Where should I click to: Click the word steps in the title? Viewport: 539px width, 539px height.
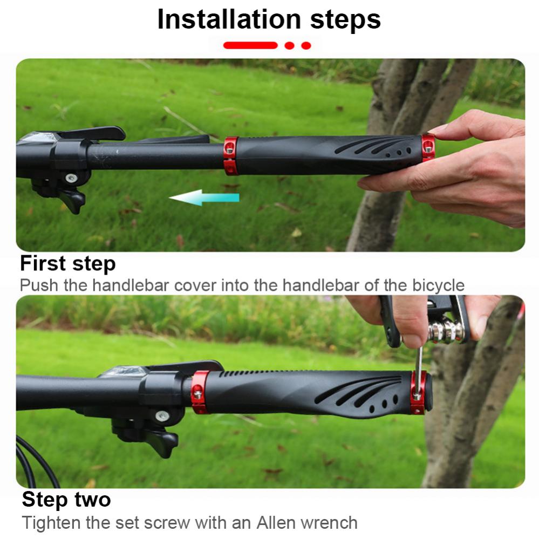click(x=345, y=21)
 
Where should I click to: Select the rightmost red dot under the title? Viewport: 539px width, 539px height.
click(x=306, y=46)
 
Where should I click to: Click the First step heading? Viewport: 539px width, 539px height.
click(x=67, y=264)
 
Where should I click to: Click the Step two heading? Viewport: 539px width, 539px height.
click(x=66, y=500)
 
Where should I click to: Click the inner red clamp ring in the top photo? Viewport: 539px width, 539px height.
click(x=231, y=155)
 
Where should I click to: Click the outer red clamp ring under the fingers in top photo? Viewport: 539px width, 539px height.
click(x=428, y=147)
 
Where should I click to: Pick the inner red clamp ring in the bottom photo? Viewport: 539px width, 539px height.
click(x=199, y=392)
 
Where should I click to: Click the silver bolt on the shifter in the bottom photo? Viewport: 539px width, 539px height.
click(x=162, y=415)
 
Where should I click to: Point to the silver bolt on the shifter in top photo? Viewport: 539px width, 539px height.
click(x=71, y=178)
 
